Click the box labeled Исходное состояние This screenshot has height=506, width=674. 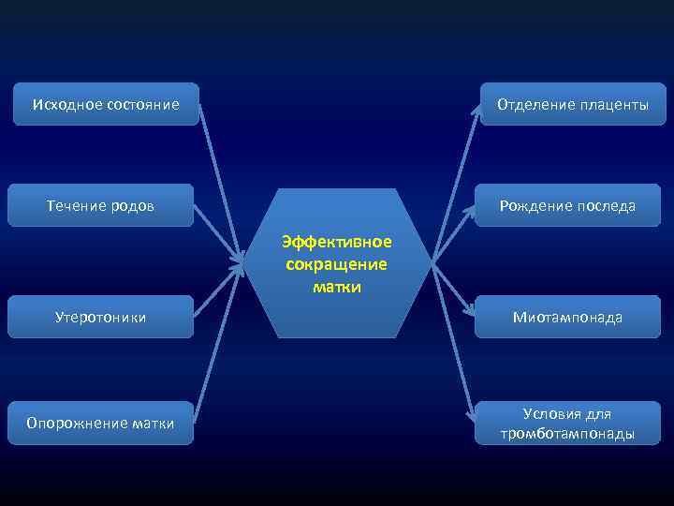coord(106,103)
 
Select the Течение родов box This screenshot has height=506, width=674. coord(101,205)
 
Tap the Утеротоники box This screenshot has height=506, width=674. coord(100,317)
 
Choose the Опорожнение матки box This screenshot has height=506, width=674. coord(100,423)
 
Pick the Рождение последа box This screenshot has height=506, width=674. coord(567,205)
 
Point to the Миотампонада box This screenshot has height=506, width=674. coord(567,317)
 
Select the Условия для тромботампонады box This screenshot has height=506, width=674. coord(567,423)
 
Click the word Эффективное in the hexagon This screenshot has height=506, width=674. coord(337,242)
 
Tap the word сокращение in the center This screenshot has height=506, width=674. coord(337,264)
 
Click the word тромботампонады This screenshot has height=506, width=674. coord(567,434)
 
